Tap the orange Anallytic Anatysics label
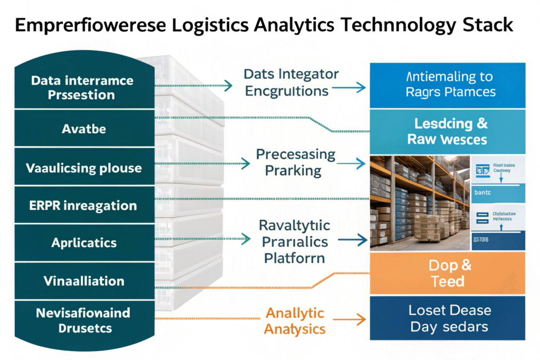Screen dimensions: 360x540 click(295, 321)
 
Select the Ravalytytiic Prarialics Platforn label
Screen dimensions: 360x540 click(295, 241)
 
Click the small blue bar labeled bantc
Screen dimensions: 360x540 click(498, 192)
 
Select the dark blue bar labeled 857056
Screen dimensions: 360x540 click(498, 241)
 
